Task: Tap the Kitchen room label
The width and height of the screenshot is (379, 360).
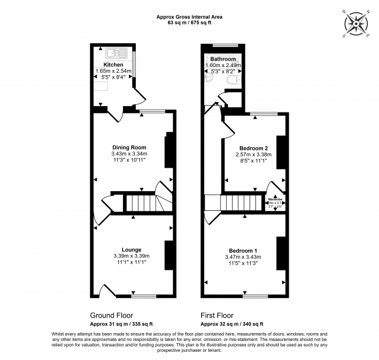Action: click(x=113, y=65)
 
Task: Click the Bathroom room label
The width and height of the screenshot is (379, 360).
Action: click(x=223, y=59)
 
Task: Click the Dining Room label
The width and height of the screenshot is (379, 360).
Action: click(x=129, y=147)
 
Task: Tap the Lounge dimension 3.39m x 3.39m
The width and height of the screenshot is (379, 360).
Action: click(x=131, y=256)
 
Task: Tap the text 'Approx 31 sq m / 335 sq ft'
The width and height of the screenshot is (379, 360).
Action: click(x=121, y=323)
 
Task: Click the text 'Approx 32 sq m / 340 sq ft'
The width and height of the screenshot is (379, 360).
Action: click(x=232, y=323)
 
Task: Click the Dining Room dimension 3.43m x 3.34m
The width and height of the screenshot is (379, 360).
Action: click(x=129, y=154)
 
